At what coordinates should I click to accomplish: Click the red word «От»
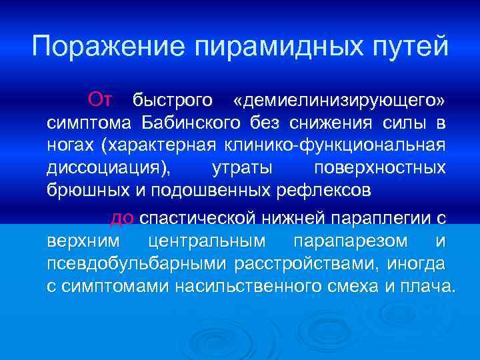[x=101, y=100]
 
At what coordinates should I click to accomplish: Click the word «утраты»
[x=241, y=168]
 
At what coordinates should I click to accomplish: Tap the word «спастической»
[x=195, y=219]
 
